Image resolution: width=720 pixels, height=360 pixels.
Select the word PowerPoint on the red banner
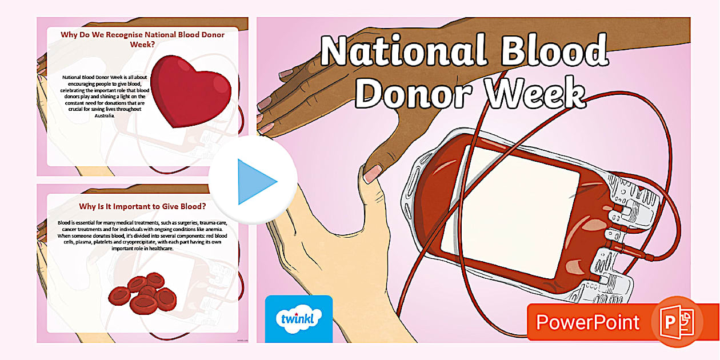pyautogui.click(x=587, y=322)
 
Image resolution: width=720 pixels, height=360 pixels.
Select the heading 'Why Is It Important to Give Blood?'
pyautogui.click(x=143, y=206)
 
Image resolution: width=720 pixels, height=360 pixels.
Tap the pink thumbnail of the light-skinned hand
pyautogui.click(x=372, y=173)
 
